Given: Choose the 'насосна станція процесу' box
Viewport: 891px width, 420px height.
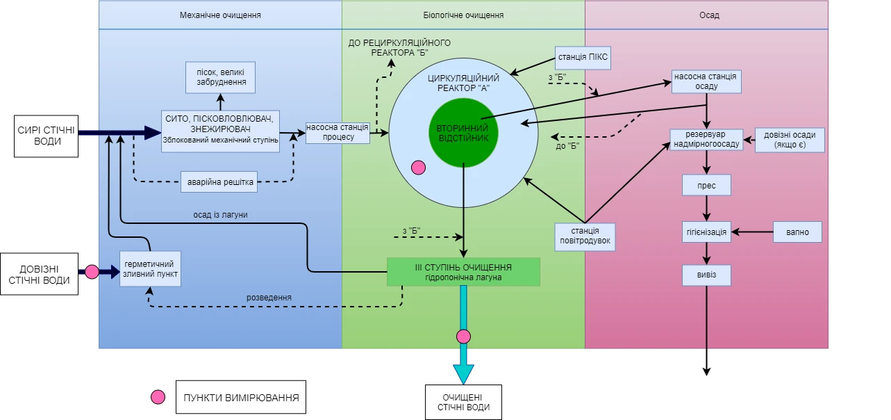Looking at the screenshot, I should pyautogui.click(x=338, y=131).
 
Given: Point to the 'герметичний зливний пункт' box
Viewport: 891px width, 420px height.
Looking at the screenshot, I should pyautogui.click(x=151, y=269).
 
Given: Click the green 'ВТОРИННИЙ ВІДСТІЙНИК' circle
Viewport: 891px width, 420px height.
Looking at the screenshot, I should pyautogui.click(x=463, y=133).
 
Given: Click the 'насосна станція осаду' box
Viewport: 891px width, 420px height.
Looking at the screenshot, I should pyautogui.click(x=706, y=81).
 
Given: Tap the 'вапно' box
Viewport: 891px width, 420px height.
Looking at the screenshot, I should pyautogui.click(x=797, y=232).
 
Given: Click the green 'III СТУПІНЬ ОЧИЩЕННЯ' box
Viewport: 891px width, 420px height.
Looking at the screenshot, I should pyautogui.click(x=463, y=272).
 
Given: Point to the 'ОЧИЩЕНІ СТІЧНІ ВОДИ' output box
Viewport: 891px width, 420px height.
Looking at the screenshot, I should pyautogui.click(x=463, y=402).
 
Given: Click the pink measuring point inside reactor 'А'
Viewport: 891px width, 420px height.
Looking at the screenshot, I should pyautogui.click(x=418, y=168).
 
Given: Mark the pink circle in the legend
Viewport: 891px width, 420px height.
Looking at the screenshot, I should pyautogui.click(x=158, y=397).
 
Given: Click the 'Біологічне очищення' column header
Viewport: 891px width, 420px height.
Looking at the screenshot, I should pyautogui.click(x=463, y=15).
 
